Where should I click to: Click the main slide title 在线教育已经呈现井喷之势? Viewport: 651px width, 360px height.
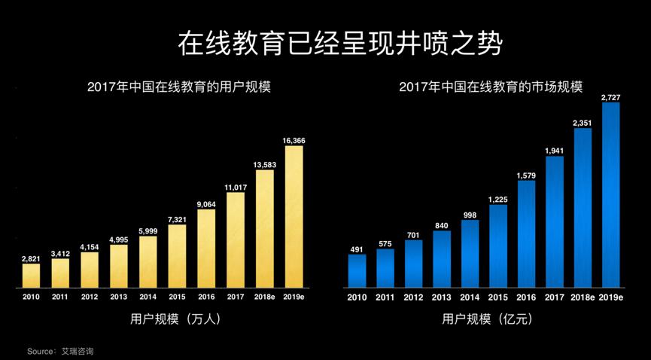(339, 44)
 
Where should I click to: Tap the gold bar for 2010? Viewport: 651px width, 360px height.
(31, 275)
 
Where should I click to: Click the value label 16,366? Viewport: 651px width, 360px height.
(294, 141)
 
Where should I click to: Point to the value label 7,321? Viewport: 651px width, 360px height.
(177, 219)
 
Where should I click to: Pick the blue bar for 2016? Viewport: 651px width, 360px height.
(526, 233)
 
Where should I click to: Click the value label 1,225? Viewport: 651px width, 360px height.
(497, 199)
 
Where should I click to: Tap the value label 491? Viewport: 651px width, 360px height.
(357, 249)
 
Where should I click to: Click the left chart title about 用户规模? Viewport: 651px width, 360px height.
(178, 87)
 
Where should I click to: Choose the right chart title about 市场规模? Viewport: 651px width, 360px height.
(491, 87)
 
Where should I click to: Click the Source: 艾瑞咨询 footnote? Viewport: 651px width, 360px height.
(60, 351)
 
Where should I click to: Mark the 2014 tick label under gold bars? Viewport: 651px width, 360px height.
(148, 297)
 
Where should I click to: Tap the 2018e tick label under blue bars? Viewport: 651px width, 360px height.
(583, 297)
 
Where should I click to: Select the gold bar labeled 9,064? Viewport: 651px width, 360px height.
(206, 248)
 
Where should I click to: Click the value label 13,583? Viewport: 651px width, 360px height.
(264, 164)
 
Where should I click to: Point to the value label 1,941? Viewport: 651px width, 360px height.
(554, 151)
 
